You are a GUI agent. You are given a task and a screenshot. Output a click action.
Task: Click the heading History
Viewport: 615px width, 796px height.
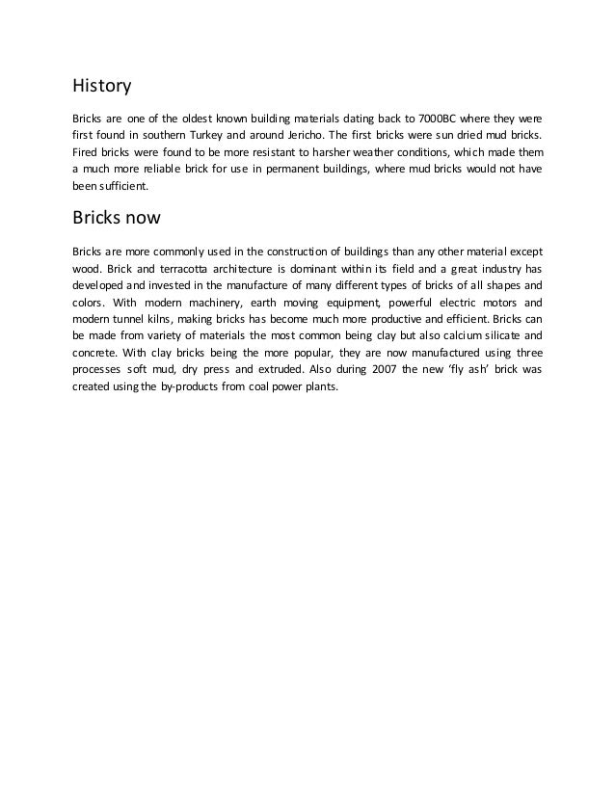pos(102,86)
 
